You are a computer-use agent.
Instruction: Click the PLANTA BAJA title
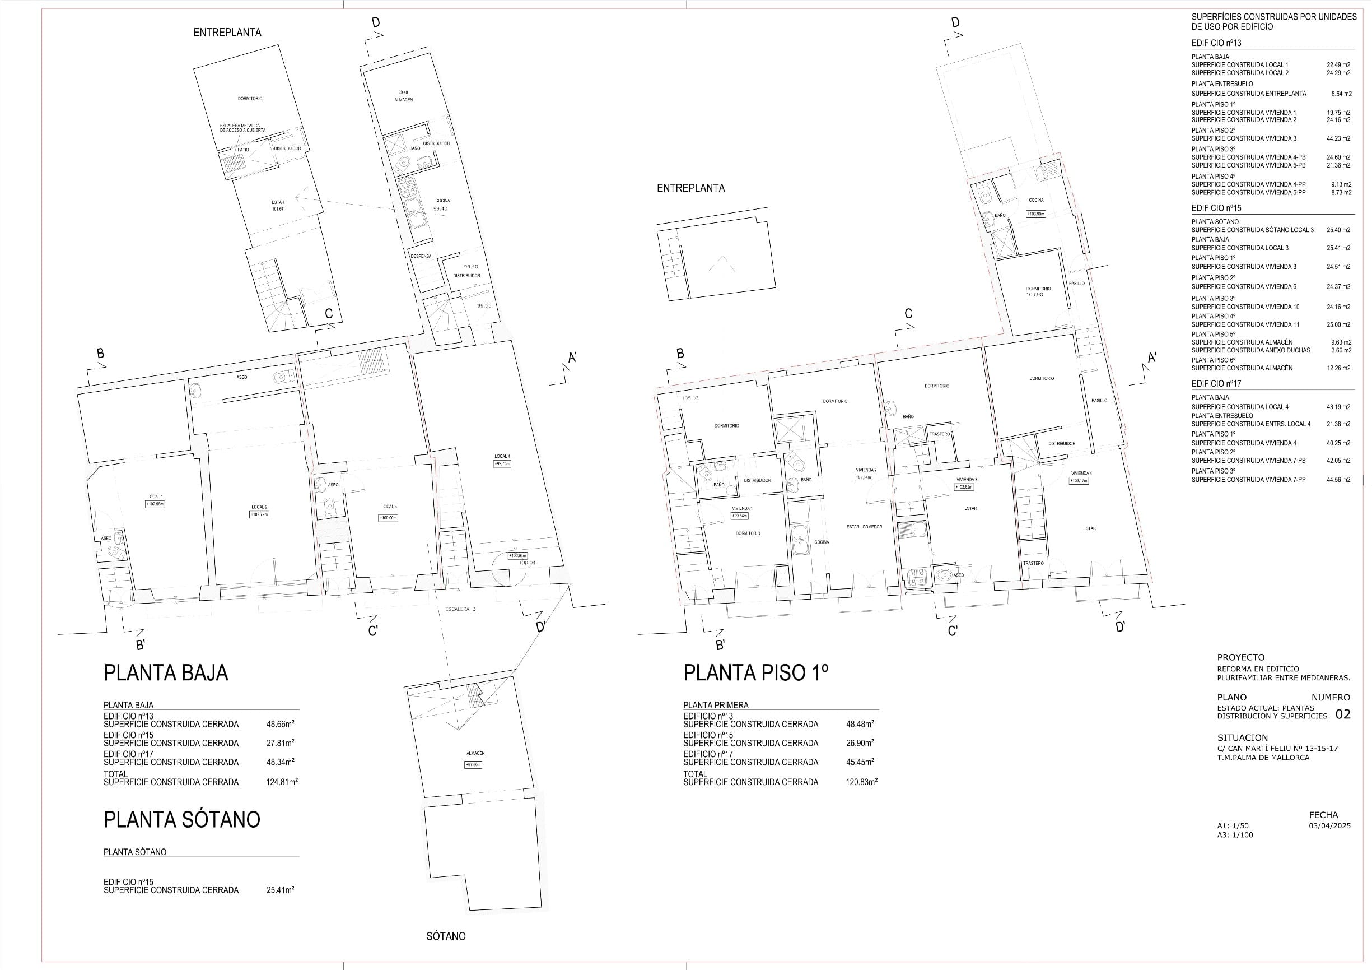click(x=166, y=673)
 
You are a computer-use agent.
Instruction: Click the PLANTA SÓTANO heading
click(x=181, y=819)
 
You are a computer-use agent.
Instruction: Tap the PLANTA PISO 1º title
click(x=755, y=673)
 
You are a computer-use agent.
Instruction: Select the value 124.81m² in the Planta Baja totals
click(x=282, y=782)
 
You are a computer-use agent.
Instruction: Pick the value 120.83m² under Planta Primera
click(x=861, y=782)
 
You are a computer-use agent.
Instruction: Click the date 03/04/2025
click(x=1329, y=826)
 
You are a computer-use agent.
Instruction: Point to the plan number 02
click(x=1342, y=714)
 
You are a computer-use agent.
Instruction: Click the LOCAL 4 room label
click(x=501, y=456)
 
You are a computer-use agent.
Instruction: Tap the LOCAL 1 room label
click(x=155, y=496)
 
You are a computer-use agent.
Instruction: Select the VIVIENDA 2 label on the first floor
click(x=866, y=470)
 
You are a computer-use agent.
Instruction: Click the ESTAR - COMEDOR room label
click(x=864, y=527)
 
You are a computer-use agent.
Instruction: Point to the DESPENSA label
click(x=421, y=256)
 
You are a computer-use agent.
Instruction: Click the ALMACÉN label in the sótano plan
click(x=475, y=753)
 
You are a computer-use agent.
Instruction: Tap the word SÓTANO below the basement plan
click(x=446, y=936)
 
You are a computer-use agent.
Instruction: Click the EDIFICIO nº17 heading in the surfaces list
click(x=1216, y=383)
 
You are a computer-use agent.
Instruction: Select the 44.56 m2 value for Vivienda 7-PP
click(x=1338, y=480)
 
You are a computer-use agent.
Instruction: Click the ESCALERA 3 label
click(x=460, y=609)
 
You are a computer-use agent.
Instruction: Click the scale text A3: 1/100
click(x=1235, y=834)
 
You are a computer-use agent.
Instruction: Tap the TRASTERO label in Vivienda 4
click(x=1033, y=563)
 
